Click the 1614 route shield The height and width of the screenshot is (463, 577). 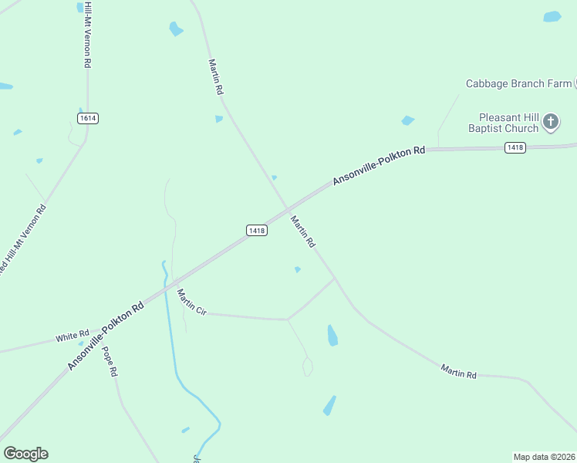(x=88, y=118)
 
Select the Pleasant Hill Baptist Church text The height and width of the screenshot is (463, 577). (x=504, y=123)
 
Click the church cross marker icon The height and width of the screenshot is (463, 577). (x=551, y=121)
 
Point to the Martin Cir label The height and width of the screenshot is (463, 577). (x=191, y=302)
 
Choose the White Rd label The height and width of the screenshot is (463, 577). (x=72, y=337)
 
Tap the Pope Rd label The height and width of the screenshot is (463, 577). (x=109, y=361)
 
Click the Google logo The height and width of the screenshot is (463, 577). (x=25, y=454)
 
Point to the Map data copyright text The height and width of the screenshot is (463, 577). (x=544, y=457)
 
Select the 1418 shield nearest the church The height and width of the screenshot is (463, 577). (x=515, y=147)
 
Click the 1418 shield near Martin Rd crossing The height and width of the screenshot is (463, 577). (x=257, y=231)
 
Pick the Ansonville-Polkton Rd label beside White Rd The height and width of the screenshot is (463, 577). (x=106, y=336)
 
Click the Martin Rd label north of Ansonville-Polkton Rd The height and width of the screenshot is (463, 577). (x=215, y=77)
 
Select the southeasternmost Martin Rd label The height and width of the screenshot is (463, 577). (x=458, y=371)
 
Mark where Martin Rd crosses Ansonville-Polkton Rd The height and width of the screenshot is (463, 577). (x=287, y=209)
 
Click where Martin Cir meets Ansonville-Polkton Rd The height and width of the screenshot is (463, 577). (x=173, y=282)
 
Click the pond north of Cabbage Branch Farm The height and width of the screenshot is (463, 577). (x=552, y=16)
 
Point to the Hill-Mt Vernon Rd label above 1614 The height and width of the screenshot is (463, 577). (x=88, y=35)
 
